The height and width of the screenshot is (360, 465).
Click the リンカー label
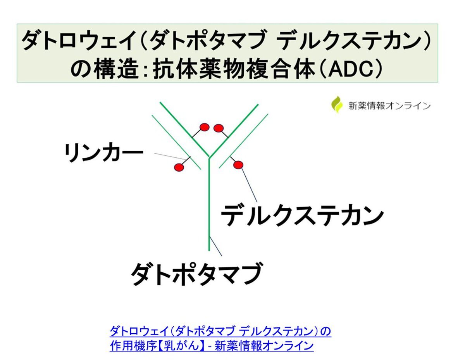pyautogui.click(x=104, y=153)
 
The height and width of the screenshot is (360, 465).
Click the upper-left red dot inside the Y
pyautogui.click(x=204, y=127)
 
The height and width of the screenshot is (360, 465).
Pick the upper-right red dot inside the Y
pyautogui.click(x=219, y=128)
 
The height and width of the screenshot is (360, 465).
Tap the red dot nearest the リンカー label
pyautogui.click(x=179, y=167)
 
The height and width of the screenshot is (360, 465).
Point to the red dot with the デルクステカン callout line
pyautogui.click(x=238, y=165)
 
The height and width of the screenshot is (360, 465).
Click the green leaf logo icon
pyautogui.click(x=337, y=104)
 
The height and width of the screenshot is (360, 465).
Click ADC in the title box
pyautogui.click(x=351, y=69)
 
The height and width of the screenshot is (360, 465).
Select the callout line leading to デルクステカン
pyautogui.click(x=249, y=185)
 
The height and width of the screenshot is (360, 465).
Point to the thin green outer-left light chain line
pyautogui.click(x=176, y=143)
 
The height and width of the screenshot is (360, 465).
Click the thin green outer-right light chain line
pyautogui.click(x=243, y=141)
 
